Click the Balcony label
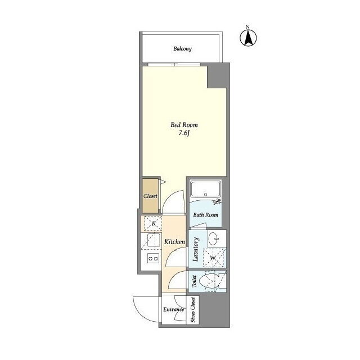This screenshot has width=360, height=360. pyautogui.click(x=182, y=49)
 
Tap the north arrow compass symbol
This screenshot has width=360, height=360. pyautogui.click(x=248, y=37)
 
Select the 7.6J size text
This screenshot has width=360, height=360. pyautogui.click(x=184, y=133)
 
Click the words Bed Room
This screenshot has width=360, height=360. pyautogui.click(x=184, y=125)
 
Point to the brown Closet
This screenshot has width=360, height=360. pyautogui.click(x=150, y=196)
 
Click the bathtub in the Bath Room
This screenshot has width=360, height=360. pyautogui.click(x=206, y=189)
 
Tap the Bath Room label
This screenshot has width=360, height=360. pyautogui.click(x=206, y=215)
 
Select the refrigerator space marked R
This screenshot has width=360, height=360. pyautogui.click(x=153, y=223)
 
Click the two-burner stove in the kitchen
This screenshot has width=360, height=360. pyautogui.click(x=153, y=259)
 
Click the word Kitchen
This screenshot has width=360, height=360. pyautogui.click(x=174, y=242)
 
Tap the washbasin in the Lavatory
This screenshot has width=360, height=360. pyautogui.click(x=214, y=239)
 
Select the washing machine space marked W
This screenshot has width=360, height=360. pyautogui.click(x=213, y=258)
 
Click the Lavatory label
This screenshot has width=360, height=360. pyautogui.click(x=196, y=249)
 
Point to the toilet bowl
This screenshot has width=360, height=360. pyautogui.click(x=209, y=281)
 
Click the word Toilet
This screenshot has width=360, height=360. pyautogui.click(x=194, y=281)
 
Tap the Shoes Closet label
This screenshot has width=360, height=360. pyautogui.click(x=192, y=310)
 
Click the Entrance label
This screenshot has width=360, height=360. pyautogui.click(x=174, y=309)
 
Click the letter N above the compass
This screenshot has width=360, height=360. pyautogui.click(x=248, y=27)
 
